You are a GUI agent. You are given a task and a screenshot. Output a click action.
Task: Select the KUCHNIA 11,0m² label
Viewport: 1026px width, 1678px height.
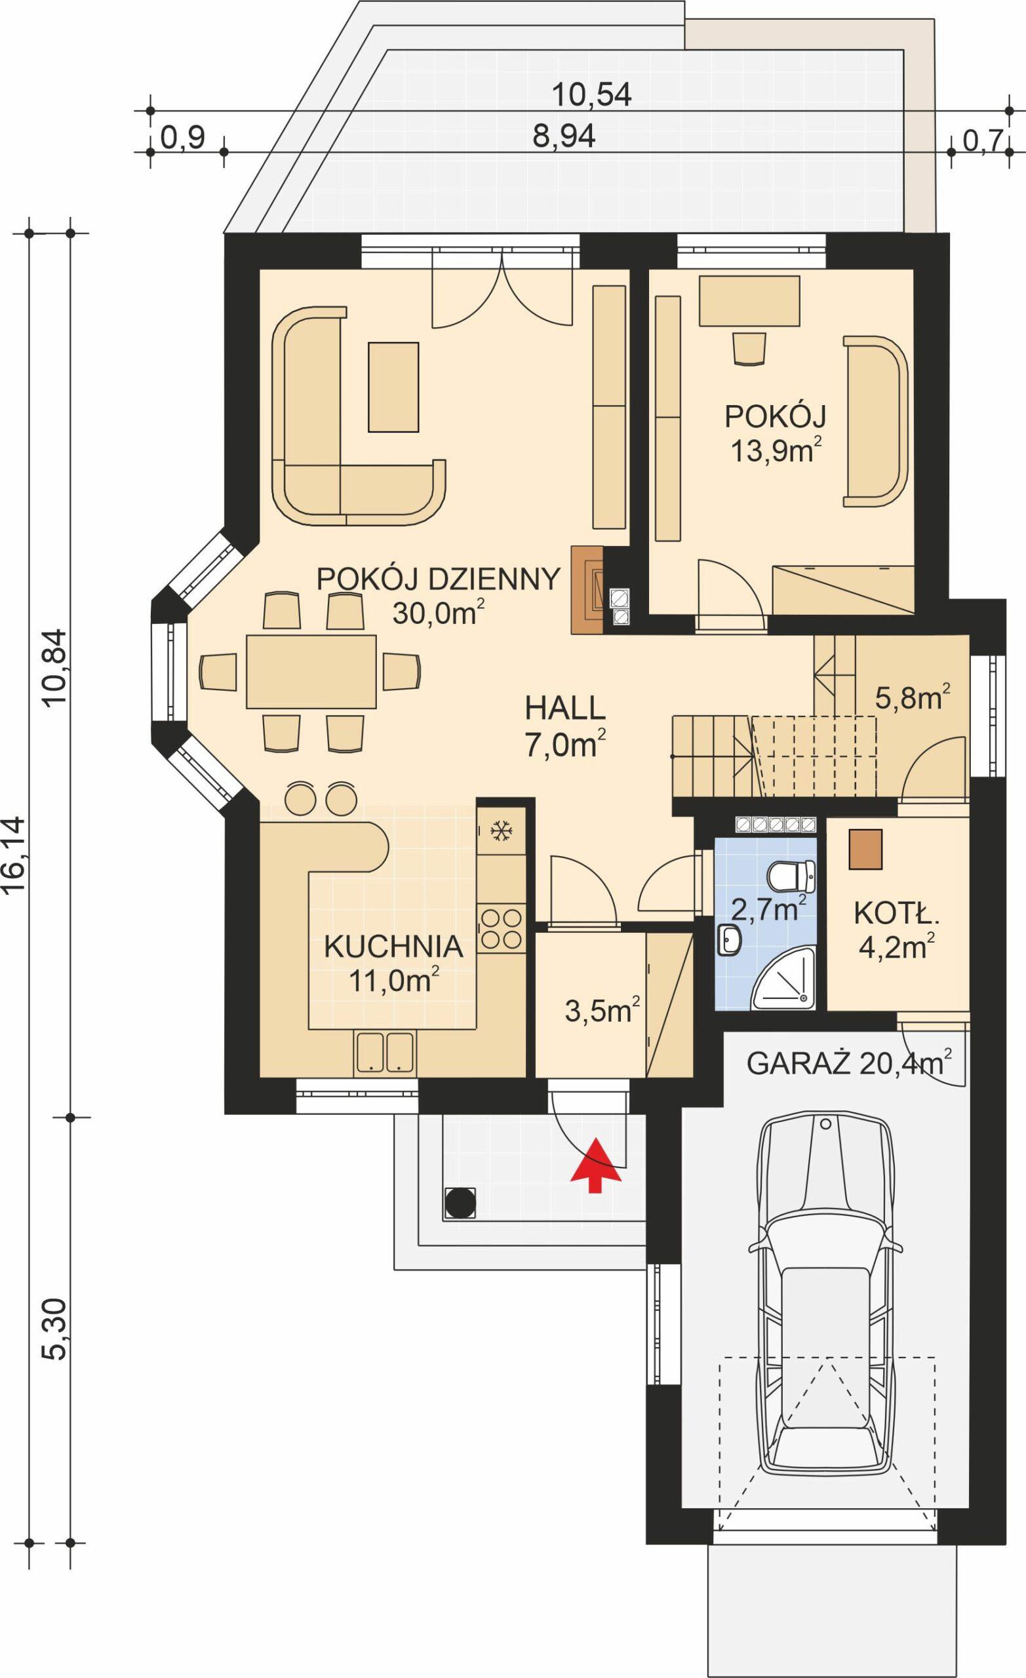point(393,963)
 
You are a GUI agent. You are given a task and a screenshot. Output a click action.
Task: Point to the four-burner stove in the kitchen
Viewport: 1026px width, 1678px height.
point(502,929)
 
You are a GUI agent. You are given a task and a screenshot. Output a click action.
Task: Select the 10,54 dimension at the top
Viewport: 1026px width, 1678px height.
point(591,95)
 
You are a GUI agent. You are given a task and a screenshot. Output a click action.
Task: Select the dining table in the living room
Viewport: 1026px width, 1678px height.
point(311,671)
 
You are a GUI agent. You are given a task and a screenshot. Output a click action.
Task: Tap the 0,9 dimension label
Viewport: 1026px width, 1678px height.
point(182,139)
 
